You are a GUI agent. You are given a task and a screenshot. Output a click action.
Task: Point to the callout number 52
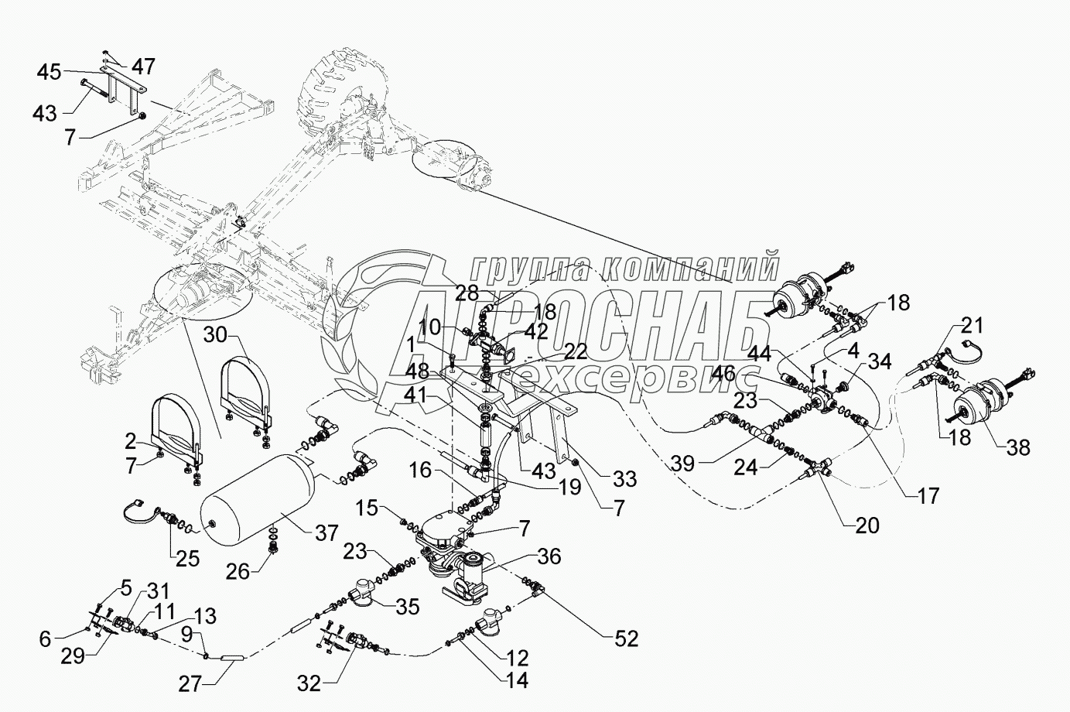[626, 639]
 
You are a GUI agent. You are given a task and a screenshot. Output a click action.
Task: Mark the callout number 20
[867, 526]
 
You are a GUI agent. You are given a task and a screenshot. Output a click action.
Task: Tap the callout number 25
[186, 558]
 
